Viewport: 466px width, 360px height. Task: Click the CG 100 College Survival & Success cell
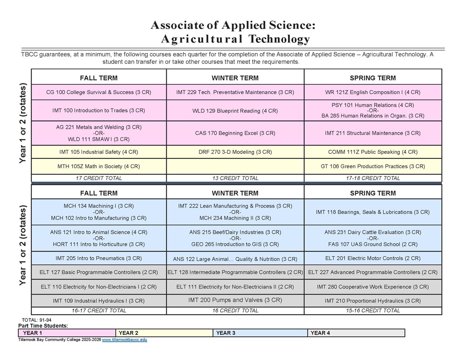(x=99, y=92)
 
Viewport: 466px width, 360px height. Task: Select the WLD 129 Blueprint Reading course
(x=235, y=111)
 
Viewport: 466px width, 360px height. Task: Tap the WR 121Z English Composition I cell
(x=373, y=92)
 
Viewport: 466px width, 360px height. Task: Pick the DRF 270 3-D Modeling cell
(x=235, y=152)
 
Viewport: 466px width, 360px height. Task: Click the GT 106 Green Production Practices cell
(x=373, y=166)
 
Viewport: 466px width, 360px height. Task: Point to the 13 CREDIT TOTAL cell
(x=235, y=178)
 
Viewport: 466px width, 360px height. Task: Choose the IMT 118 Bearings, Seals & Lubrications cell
(x=373, y=212)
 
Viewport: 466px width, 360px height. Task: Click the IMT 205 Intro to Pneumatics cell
(x=99, y=258)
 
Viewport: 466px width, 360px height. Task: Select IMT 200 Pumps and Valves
(x=235, y=300)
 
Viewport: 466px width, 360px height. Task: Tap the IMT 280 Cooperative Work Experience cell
(x=373, y=287)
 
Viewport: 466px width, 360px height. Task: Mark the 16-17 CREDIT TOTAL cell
(x=99, y=310)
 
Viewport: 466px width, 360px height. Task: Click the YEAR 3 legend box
(x=260, y=333)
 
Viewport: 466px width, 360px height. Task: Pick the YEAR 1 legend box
(x=67, y=333)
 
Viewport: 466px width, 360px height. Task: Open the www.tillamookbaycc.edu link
(x=124, y=340)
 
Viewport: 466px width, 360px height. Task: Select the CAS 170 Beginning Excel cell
(x=235, y=133)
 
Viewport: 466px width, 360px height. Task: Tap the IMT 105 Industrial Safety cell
(x=99, y=152)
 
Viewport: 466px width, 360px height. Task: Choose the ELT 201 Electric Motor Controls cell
(x=373, y=258)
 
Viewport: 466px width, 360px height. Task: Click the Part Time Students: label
(x=43, y=326)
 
